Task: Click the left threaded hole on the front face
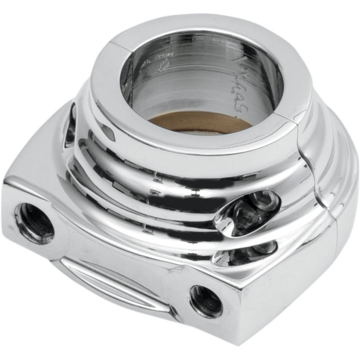(x=34, y=222)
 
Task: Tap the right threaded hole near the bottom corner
(x=206, y=301)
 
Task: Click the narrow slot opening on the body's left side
(x=70, y=125)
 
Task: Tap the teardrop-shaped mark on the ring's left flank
(x=108, y=130)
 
